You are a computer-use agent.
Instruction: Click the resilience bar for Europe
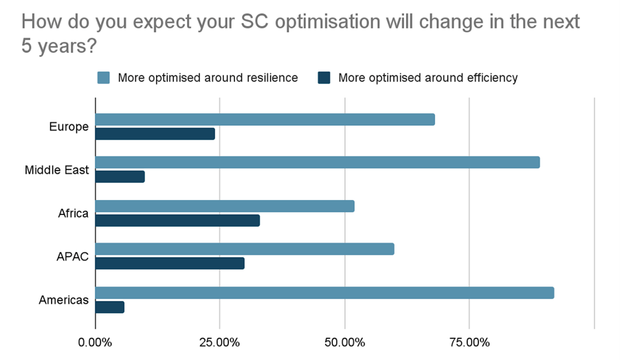click(265, 120)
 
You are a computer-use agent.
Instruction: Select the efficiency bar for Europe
click(155, 134)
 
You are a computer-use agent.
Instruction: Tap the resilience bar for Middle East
click(317, 163)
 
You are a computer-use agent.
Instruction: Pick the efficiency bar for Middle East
click(120, 177)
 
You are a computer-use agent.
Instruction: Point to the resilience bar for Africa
click(224, 206)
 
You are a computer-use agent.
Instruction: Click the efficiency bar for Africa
click(177, 221)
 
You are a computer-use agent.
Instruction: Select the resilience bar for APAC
click(244, 249)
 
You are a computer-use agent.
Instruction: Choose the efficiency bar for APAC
click(169, 263)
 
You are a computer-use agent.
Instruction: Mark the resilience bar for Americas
click(324, 293)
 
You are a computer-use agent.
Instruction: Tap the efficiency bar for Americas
click(109, 307)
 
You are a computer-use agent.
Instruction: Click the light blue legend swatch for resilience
click(104, 78)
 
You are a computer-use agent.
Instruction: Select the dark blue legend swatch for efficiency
click(324, 78)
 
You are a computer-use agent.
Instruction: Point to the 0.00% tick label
click(95, 342)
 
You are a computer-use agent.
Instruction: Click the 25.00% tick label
click(219, 342)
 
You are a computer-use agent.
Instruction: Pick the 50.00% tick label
click(344, 342)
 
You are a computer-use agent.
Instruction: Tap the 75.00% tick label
click(469, 342)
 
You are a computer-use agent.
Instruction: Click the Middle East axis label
click(57, 170)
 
